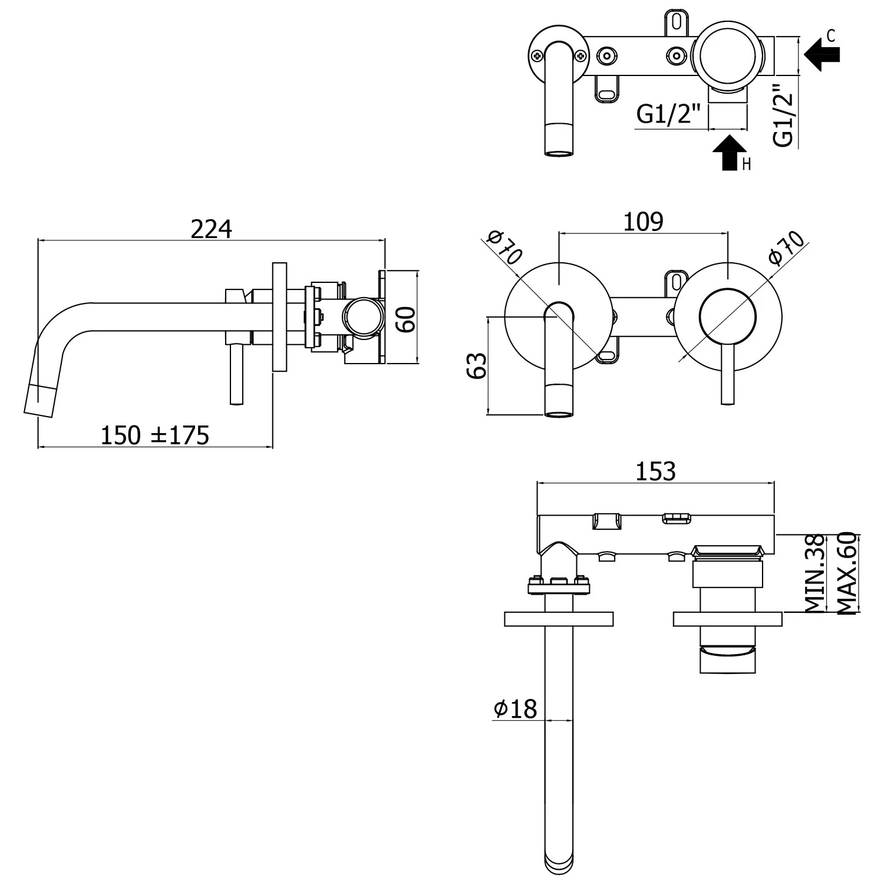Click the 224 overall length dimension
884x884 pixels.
pyautogui.click(x=211, y=229)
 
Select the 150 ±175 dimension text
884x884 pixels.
pyautogui.click(x=155, y=436)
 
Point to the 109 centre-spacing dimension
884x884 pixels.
pyautogui.click(x=643, y=222)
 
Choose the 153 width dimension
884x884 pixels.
pyautogui.click(x=655, y=471)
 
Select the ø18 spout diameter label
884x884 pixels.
pyautogui.click(x=515, y=708)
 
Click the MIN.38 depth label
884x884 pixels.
pyautogui.click(x=814, y=573)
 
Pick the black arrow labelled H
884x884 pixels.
pyautogui.click(x=730, y=153)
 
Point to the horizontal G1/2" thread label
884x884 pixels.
pyautogui.click(x=669, y=114)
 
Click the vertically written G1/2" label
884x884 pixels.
pyautogui.click(x=784, y=115)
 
